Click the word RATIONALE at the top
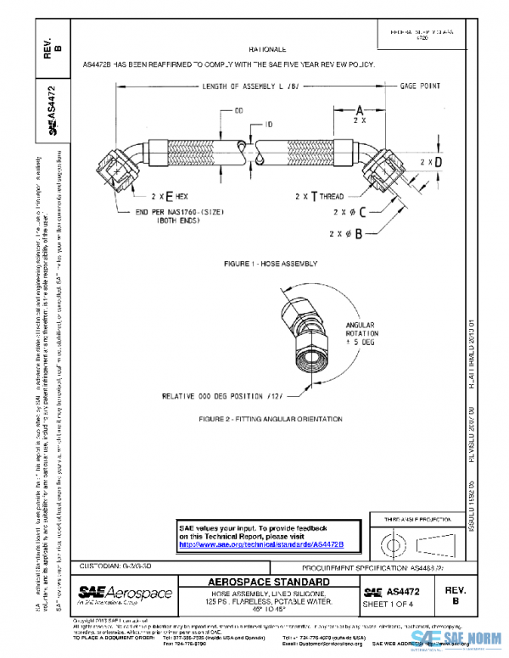pyautogui.click(x=267, y=50)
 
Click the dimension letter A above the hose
pyautogui.click(x=359, y=109)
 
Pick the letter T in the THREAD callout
pyautogui.click(x=314, y=195)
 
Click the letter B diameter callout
pyautogui.click(x=361, y=231)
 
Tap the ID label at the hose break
pyautogui.click(x=268, y=125)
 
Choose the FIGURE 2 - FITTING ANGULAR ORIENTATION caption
pyautogui.click(x=271, y=419)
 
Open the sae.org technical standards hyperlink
pyautogui.click(x=271, y=545)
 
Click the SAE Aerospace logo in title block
pyautogui.click(x=126, y=593)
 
